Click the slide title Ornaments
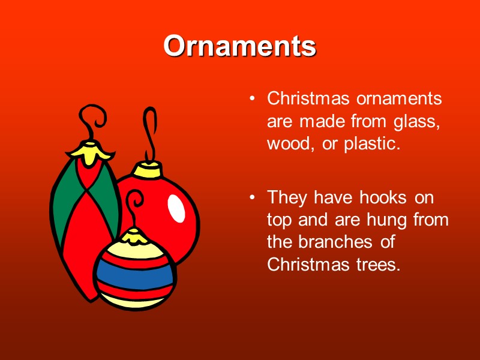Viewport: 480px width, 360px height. (x=239, y=46)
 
